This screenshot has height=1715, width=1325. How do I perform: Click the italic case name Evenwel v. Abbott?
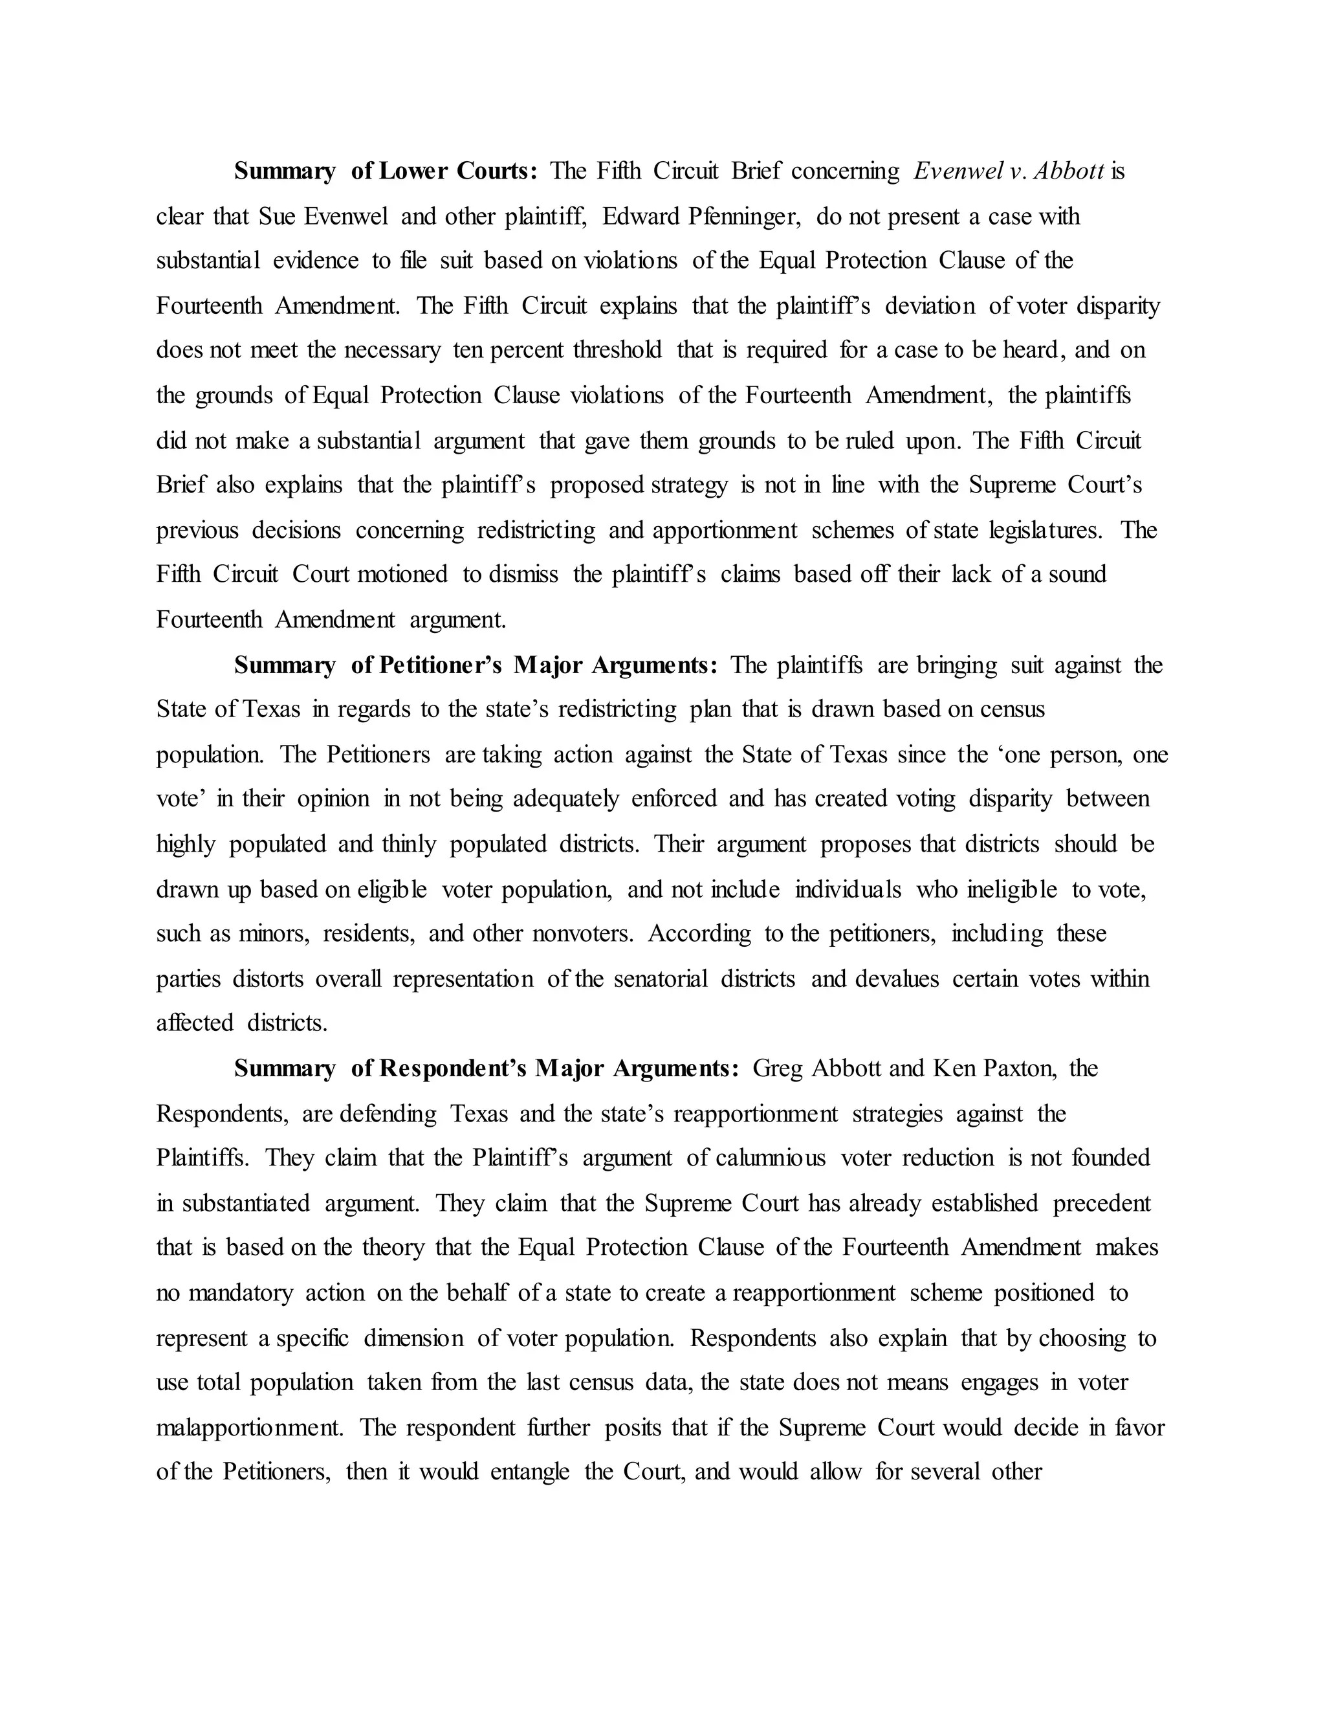point(1009,171)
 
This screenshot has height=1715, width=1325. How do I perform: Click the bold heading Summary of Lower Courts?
point(386,171)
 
